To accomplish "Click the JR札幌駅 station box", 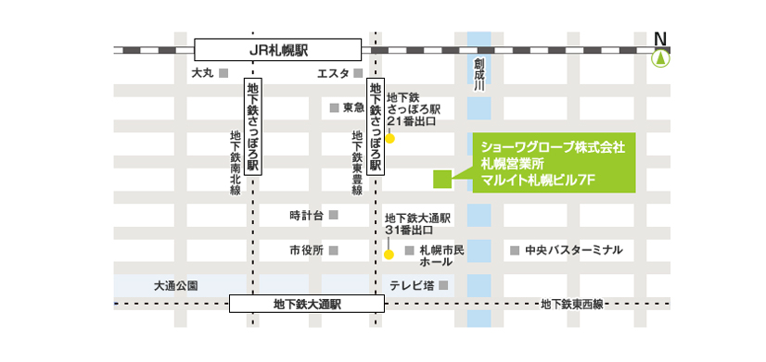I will pos(277,49).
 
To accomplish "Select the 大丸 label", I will pos(202,73).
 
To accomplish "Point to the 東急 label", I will pos(352,107).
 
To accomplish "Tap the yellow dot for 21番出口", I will pos(390,140).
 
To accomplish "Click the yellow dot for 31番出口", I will pos(389,253).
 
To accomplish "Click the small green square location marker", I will pos(441,177).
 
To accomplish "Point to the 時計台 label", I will pos(306,216).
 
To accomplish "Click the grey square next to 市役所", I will pos(334,250).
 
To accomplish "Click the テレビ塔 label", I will pos(414,285).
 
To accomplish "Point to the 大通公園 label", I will pos(176,285).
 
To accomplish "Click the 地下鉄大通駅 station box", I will pos(307,304).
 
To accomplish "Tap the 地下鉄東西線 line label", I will pos(572,304).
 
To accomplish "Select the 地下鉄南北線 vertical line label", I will pos(235,162).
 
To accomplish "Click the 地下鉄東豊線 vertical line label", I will pos(357,162).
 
